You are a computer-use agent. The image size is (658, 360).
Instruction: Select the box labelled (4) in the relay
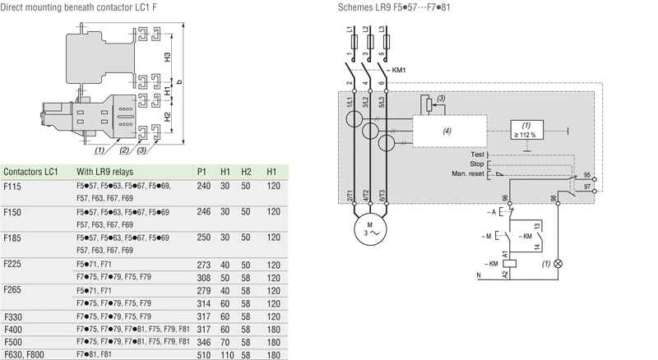447,131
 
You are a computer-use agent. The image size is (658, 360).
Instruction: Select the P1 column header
203,172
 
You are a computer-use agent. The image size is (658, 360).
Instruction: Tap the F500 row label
14,339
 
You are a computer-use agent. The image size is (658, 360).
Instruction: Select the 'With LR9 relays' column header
105,172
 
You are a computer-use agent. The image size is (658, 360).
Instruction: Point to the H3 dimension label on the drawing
167,57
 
